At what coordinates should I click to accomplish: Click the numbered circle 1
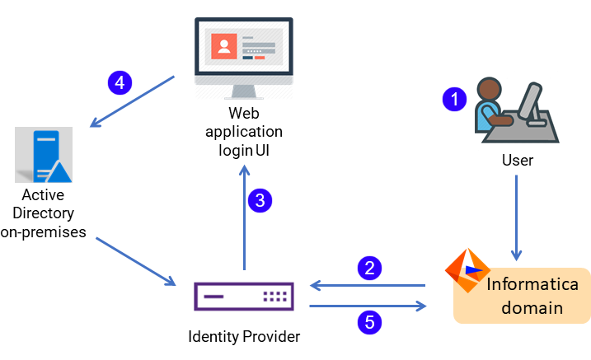tap(453, 101)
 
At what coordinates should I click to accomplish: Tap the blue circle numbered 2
tap(370, 269)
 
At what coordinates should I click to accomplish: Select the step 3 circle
tap(260, 199)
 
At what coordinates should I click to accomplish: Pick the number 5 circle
tap(370, 322)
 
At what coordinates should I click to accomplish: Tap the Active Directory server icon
tap(44, 154)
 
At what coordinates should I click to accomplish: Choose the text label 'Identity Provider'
tap(243, 336)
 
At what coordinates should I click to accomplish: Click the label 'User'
tap(518, 160)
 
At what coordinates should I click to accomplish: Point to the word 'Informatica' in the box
tap(532, 285)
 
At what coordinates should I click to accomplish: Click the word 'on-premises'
tap(43, 231)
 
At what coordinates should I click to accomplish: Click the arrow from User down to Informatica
tap(517, 214)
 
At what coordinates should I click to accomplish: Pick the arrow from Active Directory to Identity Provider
tap(136, 262)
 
